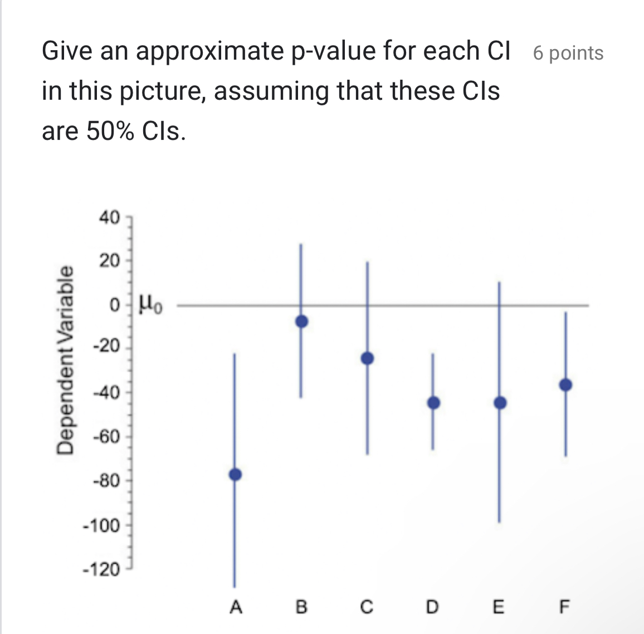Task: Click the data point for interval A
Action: tap(235, 474)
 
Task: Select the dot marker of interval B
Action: tap(301, 321)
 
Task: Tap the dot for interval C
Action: tap(367, 358)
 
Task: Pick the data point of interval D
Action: tap(433, 403)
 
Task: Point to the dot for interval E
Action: tap(500, 403)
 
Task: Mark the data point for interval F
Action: tap(565, 385)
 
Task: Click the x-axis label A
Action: tap(236, 606)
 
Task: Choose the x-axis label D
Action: tap(432, 606)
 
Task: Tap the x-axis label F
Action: tap(564, 606)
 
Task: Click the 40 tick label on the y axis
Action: tap(109, 217)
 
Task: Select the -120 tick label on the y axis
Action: tap(101, 570)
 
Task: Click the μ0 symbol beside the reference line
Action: tap(150, 305)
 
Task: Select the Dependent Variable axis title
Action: tap(66, 360)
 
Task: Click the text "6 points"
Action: tap(568, 53)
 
